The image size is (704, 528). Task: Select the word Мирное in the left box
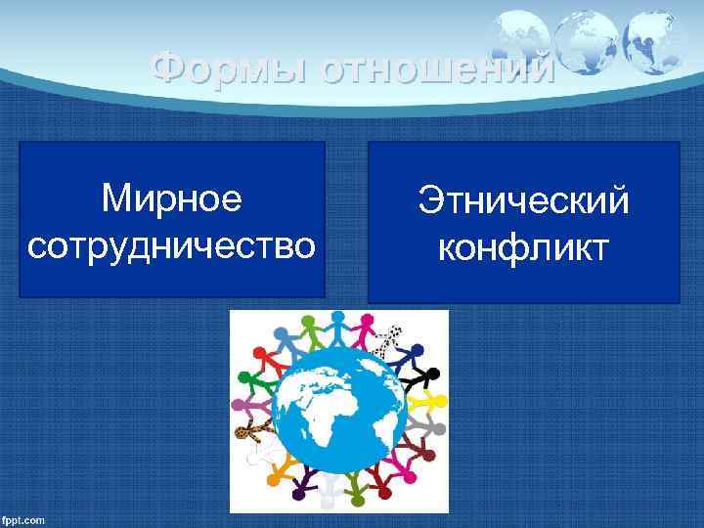pos(171,198)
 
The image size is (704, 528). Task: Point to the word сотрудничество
pos(172,245)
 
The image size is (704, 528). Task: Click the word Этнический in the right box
pos(523,202)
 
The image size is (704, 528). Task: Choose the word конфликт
pos(523,248)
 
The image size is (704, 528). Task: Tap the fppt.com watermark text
pos(23,519)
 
